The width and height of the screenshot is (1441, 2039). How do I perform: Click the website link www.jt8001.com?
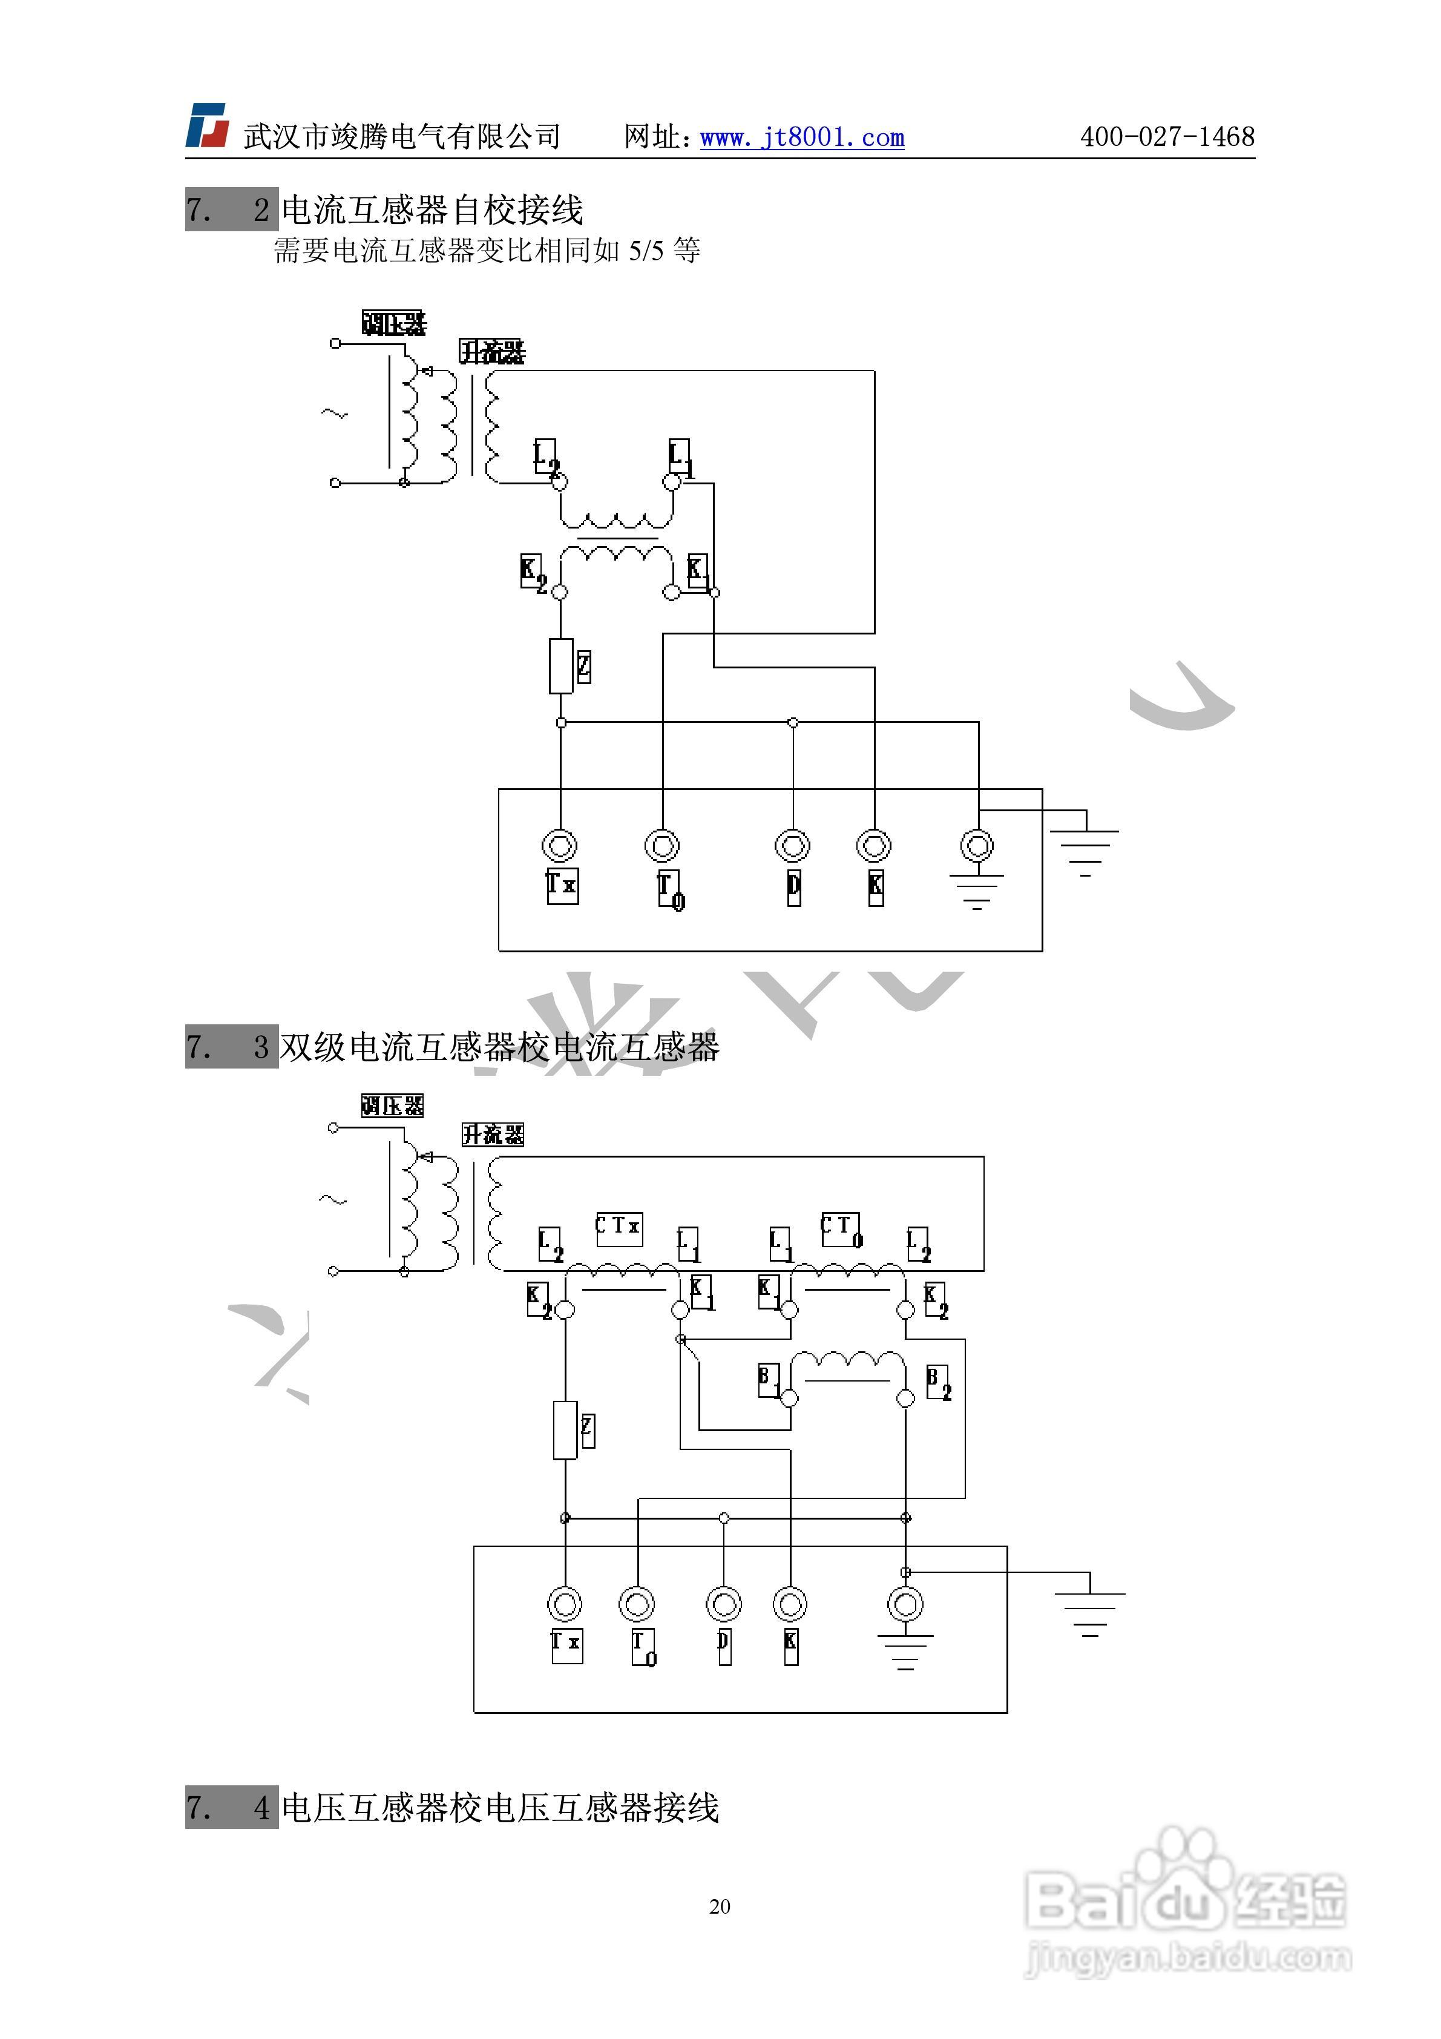802,137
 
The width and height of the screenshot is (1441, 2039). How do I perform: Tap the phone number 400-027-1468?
1167,137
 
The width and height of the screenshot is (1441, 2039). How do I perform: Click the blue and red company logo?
207,125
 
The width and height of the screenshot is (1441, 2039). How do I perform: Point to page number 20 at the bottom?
719,1906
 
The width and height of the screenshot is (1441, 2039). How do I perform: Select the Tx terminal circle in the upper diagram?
559,845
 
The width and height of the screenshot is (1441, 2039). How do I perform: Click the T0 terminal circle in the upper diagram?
662,845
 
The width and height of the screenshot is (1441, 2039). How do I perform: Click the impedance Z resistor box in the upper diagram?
560,666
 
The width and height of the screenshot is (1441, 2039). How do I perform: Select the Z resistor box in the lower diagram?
566,1431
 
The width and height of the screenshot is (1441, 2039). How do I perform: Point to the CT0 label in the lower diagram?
840,1229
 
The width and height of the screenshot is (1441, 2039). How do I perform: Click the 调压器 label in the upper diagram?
393,323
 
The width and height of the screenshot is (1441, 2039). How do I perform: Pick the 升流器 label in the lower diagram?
493,1134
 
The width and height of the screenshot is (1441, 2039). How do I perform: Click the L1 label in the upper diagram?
679,457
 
